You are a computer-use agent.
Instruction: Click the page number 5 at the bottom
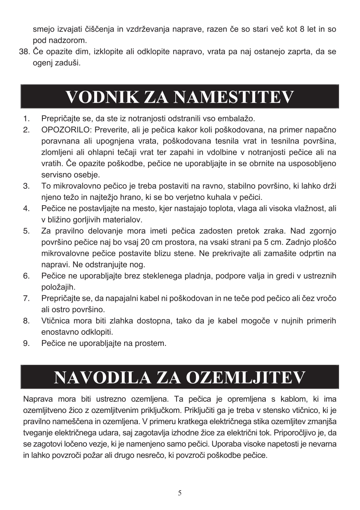[x=180, y=493]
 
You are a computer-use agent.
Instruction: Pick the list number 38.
[x=24, y=52]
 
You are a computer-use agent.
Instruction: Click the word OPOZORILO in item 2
[x=65, y=130]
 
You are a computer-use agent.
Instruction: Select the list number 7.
[x=26, y=298]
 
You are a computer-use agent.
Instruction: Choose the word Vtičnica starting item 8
[x=57, y=320]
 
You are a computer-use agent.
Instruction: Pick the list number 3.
[x=26, y=185]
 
